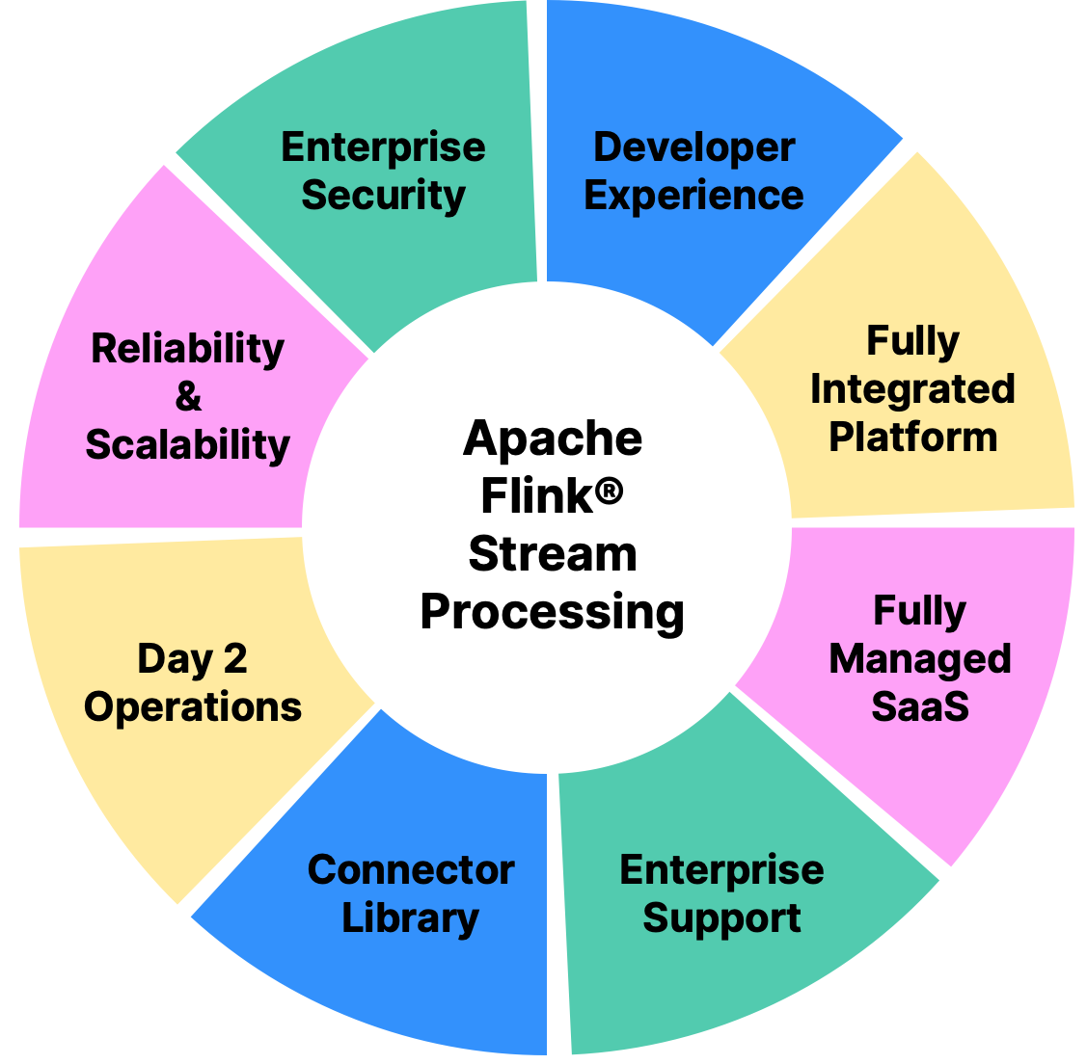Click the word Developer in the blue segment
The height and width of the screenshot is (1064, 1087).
tap(693, 147)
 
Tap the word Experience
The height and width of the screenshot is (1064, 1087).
tap(693, 196)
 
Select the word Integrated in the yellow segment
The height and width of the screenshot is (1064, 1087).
tap(912, 389)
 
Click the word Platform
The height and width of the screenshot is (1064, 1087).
tap(912, 438)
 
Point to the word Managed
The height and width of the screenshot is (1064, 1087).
tap(920, 659)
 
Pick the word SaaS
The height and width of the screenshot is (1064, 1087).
tap(920, 707)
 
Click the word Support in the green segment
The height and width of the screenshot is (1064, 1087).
tap(721, 918)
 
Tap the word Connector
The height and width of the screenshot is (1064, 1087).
tap(411, 870)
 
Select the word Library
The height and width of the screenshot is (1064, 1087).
tap(411, 918)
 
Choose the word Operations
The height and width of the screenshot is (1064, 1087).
tap(193, 707)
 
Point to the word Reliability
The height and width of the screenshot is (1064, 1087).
tap(188, 348)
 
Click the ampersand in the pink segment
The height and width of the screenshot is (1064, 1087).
tap(188, 396)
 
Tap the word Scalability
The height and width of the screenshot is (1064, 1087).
tap(188, 444)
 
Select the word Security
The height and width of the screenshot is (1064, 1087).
tap(383, 196)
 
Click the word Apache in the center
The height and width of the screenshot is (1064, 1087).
tap(553, 439)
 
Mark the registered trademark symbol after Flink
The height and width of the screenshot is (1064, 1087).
tap(609, 493)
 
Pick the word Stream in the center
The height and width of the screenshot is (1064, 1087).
tap(553, 555)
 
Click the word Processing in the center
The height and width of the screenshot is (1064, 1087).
tap(553, 613)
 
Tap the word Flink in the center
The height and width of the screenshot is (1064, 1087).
tap(534, 497)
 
